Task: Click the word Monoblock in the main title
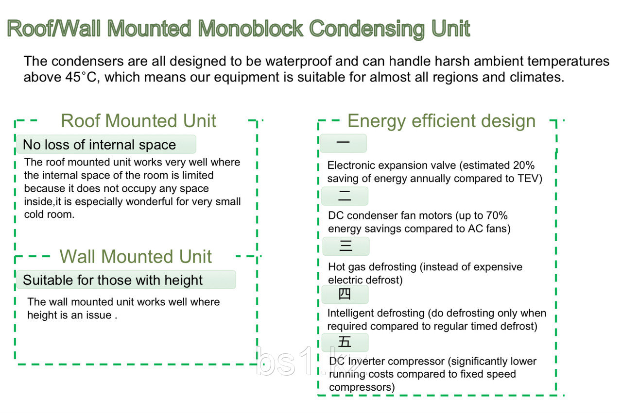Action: (x=250, y=28)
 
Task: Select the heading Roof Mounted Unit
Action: (x=138, y=121)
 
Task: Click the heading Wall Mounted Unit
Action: (x=136, y=256)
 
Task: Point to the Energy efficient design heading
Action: (x=442, y=121)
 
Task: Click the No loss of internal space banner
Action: (x=106, y=144)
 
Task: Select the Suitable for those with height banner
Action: (x=126, y=280)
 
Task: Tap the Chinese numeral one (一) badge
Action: (x=343, y=143)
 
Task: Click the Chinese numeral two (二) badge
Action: (x=345, y=196)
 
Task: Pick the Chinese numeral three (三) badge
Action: (x=346, y=246)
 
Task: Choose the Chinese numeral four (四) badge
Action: (x=345, y=294)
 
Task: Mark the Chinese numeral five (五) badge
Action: (x=345, y=342)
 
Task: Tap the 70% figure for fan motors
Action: (x=497, y=215)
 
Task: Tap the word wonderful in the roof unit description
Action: (x=149, y=201)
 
